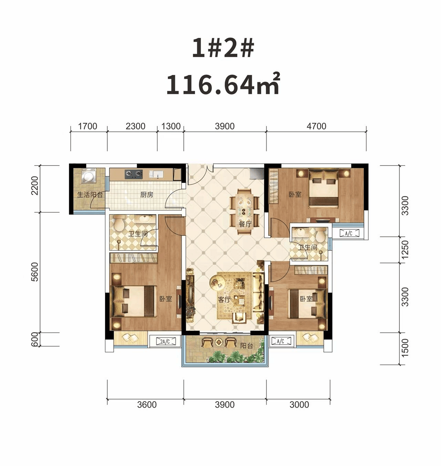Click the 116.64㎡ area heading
[x=223, y=84]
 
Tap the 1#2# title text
[x=223, y=48]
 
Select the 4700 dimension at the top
[x=316, y=126]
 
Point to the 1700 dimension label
[x=88, y=126]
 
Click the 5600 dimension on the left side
[x=35, y=272]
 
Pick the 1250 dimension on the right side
[x=405, y=250]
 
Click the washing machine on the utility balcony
[x=89, y=176]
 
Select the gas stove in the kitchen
[x=134, y=174]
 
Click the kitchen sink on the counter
[x=156, y=174]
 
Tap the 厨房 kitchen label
[x=147, y=195]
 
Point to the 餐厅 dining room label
[x=245, y=224]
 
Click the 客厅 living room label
[x=224, y=300]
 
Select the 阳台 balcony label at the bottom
[x=247, y=346]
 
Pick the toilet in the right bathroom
[x=321, y=235]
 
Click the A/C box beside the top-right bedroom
[x=349, y=234]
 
